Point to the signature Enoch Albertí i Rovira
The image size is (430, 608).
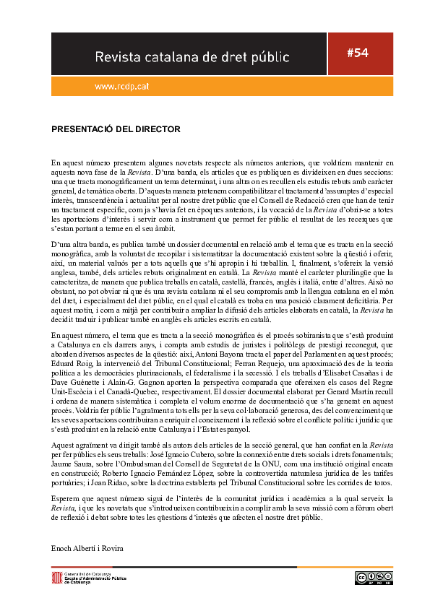[x=87, y=548]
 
